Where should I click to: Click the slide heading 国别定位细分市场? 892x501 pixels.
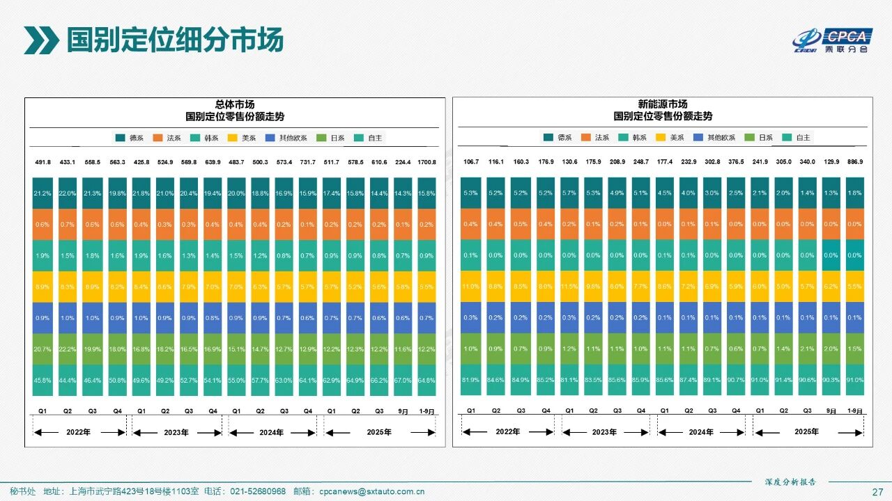click(x=174, y=40)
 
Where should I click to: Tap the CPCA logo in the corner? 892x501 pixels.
click(x=832, y=40)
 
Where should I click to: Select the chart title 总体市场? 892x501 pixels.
click(x=234, y=104)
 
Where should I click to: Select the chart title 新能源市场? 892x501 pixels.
click(x=663, y=104)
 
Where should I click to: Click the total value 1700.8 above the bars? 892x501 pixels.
click(x=426, y=163)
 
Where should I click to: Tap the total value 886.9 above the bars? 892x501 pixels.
click(x=855, y=162)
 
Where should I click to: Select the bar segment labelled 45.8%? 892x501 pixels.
click(x=43, y=380)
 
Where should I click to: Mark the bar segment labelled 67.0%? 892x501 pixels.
click(x=403, y=380)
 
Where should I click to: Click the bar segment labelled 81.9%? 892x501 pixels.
click(x=471, y=380)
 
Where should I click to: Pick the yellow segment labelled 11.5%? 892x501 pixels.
click(x=569, y=286)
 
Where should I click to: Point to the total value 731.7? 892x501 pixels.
click(x=307, y=163)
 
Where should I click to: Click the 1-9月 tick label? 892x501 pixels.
click(x=426, y=411)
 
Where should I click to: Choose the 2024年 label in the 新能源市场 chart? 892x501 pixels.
click(x=701, y=432)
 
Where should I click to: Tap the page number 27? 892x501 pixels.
click(x=877, y=491)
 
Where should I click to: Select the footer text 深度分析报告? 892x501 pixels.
click(x=790, y=482)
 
